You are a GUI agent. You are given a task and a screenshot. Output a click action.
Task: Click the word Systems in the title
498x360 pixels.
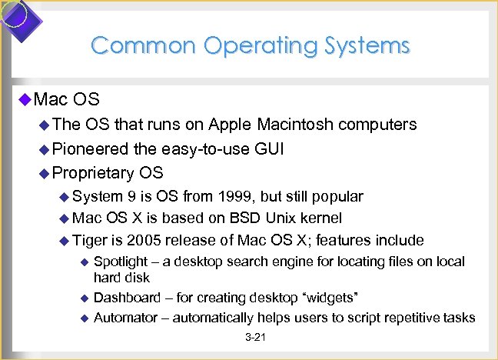click(361, 45)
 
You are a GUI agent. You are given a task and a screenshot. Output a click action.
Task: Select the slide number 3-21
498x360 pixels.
click(254, 338)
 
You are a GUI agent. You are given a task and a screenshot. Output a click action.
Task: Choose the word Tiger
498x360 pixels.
click(91, 240)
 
